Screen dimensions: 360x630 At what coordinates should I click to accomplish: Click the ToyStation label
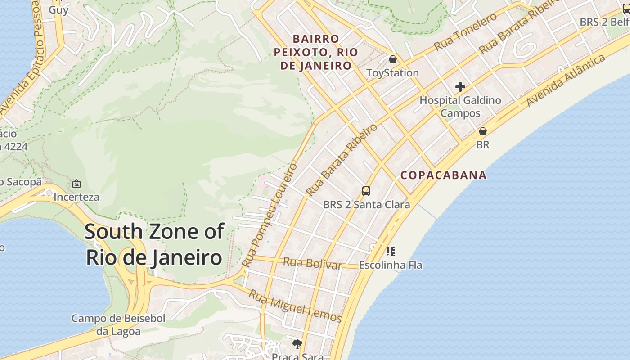[392, 73]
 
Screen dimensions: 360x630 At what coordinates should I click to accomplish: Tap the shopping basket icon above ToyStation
[393, 59]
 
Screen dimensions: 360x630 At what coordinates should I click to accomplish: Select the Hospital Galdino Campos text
[460, 107]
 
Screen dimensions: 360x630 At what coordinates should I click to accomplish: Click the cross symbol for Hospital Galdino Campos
[460, 87]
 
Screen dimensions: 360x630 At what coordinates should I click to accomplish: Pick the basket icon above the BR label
[483, 132]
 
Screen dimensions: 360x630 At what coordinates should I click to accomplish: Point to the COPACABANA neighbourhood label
[444, 175]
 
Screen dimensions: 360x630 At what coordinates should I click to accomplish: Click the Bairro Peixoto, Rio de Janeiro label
[316, 52]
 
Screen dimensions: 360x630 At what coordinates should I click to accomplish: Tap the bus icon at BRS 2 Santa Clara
[366, 191]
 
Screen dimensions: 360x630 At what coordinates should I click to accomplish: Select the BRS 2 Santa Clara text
[366, 205]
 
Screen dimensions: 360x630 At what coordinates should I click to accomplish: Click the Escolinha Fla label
[391, 265]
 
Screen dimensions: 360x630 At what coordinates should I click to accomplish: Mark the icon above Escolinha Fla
[391, 252]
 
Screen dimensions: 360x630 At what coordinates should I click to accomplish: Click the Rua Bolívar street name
[312, 263]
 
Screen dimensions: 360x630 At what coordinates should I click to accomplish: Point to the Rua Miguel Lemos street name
[296, 306]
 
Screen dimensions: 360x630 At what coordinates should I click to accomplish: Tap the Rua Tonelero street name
[466, 31]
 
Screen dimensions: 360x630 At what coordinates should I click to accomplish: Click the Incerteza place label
[76, 197]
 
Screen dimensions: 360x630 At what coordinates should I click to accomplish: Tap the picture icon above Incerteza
[76, 184]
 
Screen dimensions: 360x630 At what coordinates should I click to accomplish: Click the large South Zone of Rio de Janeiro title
[154, 245]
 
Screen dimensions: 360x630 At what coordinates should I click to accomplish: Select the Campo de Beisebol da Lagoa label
[118, 325]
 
